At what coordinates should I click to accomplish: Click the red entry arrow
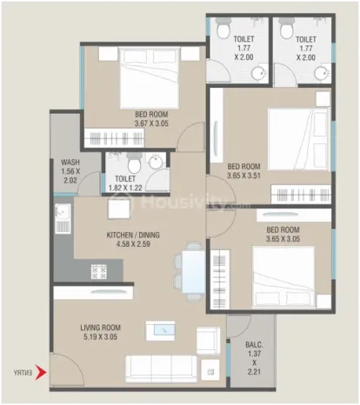click(41, 373)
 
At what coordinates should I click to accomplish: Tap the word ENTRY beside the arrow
click(23, 373)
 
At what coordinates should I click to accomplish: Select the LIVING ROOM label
click(100, 328)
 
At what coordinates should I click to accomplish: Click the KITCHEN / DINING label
click(133, 235)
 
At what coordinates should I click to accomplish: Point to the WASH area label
click(70, 162)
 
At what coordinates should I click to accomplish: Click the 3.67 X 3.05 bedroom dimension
click(151, 123)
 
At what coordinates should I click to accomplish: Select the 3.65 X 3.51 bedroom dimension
click(243, 176)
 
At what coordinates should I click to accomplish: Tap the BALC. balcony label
click(254, 345)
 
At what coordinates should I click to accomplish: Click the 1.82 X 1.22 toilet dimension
click(125, 188)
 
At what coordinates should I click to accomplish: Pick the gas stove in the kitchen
click(99, 272)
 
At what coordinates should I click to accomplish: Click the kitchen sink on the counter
click(63, 218)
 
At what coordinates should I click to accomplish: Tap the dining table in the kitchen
click(194, 272)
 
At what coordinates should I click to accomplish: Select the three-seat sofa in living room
click(161, 369)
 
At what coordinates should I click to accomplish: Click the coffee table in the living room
click(160, 330)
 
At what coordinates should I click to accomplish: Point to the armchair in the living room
click(209, 341)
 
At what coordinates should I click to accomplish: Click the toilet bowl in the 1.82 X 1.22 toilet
click(134, 163)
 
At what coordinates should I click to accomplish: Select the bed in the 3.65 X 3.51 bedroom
click(299, 139)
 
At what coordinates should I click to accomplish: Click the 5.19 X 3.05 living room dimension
click(100, 337)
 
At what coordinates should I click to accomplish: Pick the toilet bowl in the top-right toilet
click(286, 29)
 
